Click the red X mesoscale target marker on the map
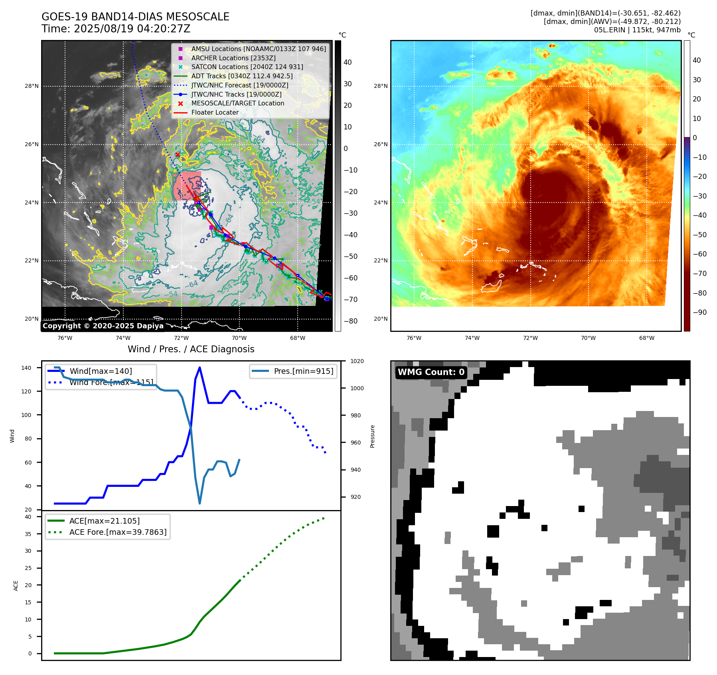tap(178, 155)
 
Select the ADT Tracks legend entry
tap(242, 76)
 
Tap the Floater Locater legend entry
tap(215, 112)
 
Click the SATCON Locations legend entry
tap(247, 67)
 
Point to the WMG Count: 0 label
tap(431, 372)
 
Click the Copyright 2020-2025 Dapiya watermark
tap(103, 326)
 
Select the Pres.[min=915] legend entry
tap(303, 371)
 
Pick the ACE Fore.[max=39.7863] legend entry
tap(118, 532)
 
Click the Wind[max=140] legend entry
tap(101, 371)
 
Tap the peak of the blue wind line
tap(199, 367)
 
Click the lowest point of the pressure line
tap(200, 503)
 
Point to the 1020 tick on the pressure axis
tap(357, 361)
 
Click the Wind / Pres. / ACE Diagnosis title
tap(191, 349)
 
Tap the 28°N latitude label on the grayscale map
tap(32, 86)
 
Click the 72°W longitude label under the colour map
tap(530, 338)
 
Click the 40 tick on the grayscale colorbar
tap(348, 62)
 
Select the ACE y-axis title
tap(16, 586)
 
